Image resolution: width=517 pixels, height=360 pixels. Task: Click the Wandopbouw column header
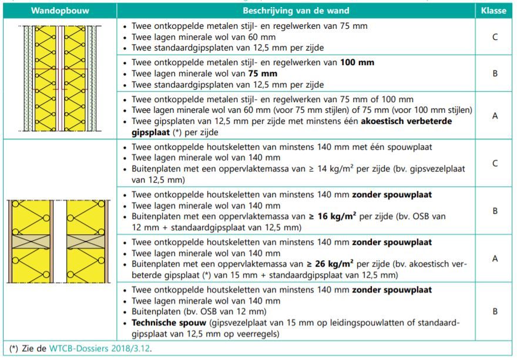[x=59, y=11]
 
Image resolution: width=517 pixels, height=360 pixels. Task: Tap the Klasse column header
[x=494, y=11]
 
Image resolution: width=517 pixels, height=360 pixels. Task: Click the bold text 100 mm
[x=357, y=62]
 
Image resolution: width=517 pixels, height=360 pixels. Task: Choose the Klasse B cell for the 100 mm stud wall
[x=494, y=74]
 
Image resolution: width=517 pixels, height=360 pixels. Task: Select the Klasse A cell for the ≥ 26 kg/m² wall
[x=494, y=259]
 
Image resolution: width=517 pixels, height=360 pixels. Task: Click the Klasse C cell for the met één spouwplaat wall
[x=494, y=163]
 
